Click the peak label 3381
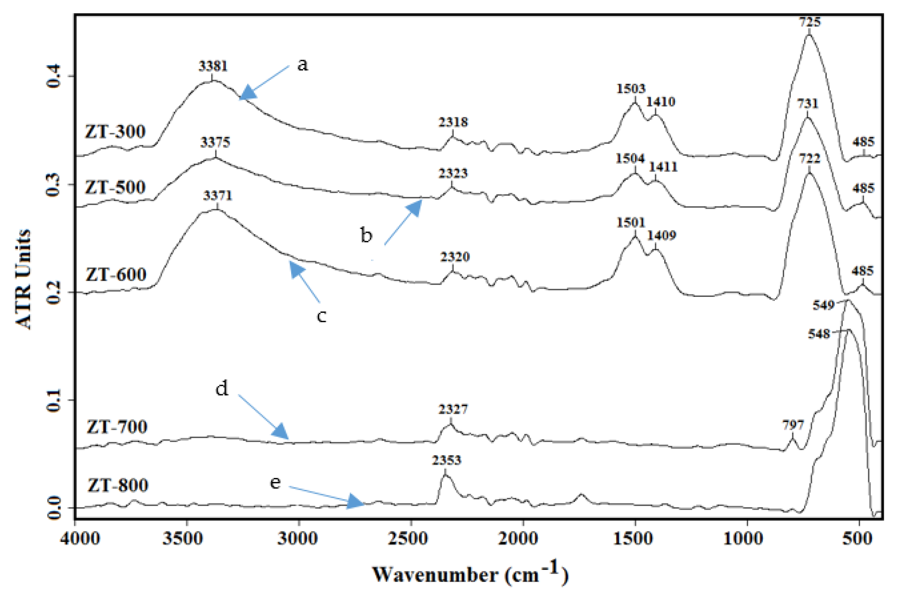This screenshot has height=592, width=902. point(213,66)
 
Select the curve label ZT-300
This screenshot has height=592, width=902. point(115,132)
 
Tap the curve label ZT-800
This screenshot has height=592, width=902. point(118,485)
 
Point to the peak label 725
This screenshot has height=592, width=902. point(810,22)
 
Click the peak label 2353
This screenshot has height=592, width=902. point(446,460)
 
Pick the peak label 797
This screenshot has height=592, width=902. point(793,425)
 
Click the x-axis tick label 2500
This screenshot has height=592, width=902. point(410,539)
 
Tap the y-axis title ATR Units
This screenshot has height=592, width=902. point(23,279)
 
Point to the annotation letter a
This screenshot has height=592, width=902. point(302,65)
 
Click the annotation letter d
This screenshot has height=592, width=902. point(222,389)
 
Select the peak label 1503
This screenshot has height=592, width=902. point(631,89)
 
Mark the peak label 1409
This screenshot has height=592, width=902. point(661,235)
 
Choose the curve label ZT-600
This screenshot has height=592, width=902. point(116,274)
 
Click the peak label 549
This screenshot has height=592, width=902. point(824,305)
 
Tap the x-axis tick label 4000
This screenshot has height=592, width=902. point(80,539)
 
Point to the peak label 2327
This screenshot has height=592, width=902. point(453,409)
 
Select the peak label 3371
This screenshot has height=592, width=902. point(217,196)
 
